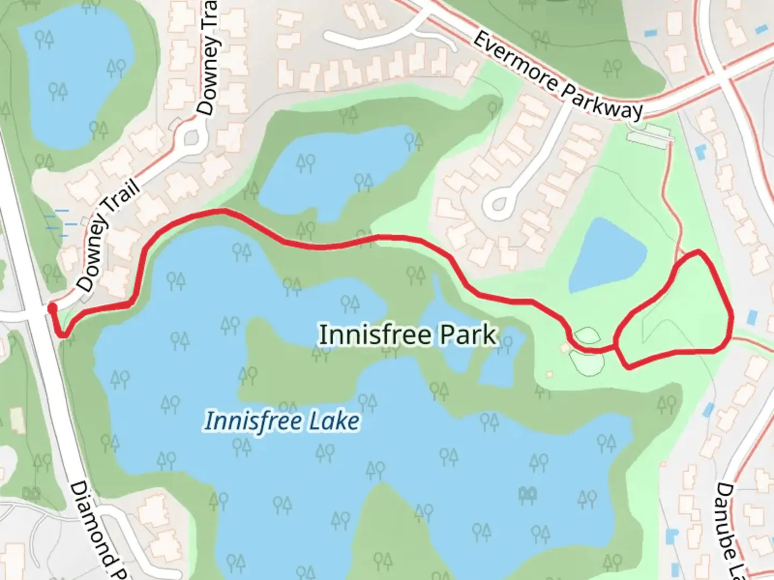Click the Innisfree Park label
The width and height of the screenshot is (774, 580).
(408, 335)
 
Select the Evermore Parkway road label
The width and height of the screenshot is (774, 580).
(558, 76)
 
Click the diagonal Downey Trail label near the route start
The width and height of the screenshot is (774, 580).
(108, 236)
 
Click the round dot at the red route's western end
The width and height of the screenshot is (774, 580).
(52, 308)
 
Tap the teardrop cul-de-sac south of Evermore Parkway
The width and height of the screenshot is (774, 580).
(499, 204)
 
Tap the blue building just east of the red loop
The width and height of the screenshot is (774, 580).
(751, 317)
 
